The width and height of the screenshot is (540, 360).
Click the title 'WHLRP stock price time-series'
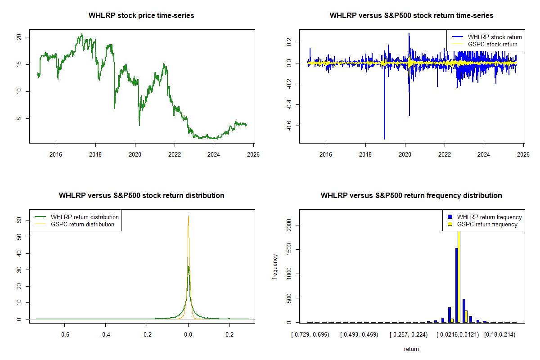click(141, 16)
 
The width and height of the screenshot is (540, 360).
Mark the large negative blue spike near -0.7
click(384, 135)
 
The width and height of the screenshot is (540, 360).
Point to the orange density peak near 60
click(188, 217)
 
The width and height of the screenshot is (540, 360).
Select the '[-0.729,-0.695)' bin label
click(310, 335)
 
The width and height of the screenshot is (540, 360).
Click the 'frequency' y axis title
click(275, 266)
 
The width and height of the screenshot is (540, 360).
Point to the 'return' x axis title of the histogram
click(411, 349)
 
